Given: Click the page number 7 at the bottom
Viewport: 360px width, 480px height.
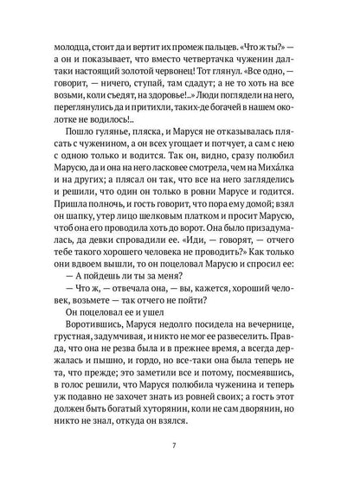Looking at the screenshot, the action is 180,445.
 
